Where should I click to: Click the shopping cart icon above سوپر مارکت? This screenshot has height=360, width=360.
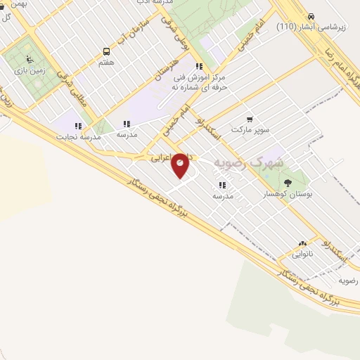pos(249,120)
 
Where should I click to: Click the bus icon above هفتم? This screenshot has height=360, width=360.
pos(107,51)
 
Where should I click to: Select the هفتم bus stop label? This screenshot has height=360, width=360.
pos(107,63)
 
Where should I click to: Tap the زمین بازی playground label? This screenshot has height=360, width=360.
pos(29,70)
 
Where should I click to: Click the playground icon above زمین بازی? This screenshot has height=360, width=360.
pos(28,59)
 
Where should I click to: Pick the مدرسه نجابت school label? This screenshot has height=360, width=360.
pos(79,137)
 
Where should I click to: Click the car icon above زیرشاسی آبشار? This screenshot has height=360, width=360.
pos(310,15)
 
